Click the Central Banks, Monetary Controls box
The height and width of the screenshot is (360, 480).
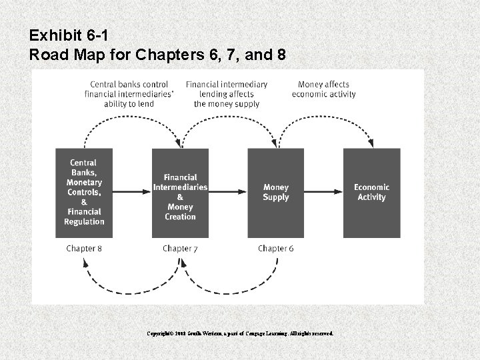pyautogui.click(x=84, y=193)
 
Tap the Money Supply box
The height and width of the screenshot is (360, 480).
pyautogui.click(x=275, y=193)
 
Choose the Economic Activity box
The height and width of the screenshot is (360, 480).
pyautogui.click(x=371, y=193)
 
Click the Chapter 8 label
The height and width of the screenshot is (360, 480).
pyautogui.click(x=84, y=249)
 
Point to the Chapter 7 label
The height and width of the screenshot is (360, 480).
pyautogui.click(x=180, y=249)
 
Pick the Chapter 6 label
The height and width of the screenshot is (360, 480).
pyautogui.click(x=275, y=249)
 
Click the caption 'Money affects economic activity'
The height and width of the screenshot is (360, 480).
pyautogui.click(x=323, y=89)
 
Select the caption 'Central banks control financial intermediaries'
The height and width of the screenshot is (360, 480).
pyautogui.click(x=129, y=94)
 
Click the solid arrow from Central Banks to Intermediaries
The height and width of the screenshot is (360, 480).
pyautogui.click(x=132, y=193)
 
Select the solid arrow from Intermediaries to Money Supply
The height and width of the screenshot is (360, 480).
pyautogui.click(x=227, y=193)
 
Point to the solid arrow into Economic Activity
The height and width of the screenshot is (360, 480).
pyautogui.click(x=323, y=193)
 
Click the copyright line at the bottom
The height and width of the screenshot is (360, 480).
pyautogui.click(x=240, y=333)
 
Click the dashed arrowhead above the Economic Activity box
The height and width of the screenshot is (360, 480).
pyautogui.click(x=371, y=143)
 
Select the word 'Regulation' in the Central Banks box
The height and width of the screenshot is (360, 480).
pyautogui.click(x=84, y=222)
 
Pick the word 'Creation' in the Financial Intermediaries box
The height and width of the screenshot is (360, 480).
pyautogui.click(x=180, y=217)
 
